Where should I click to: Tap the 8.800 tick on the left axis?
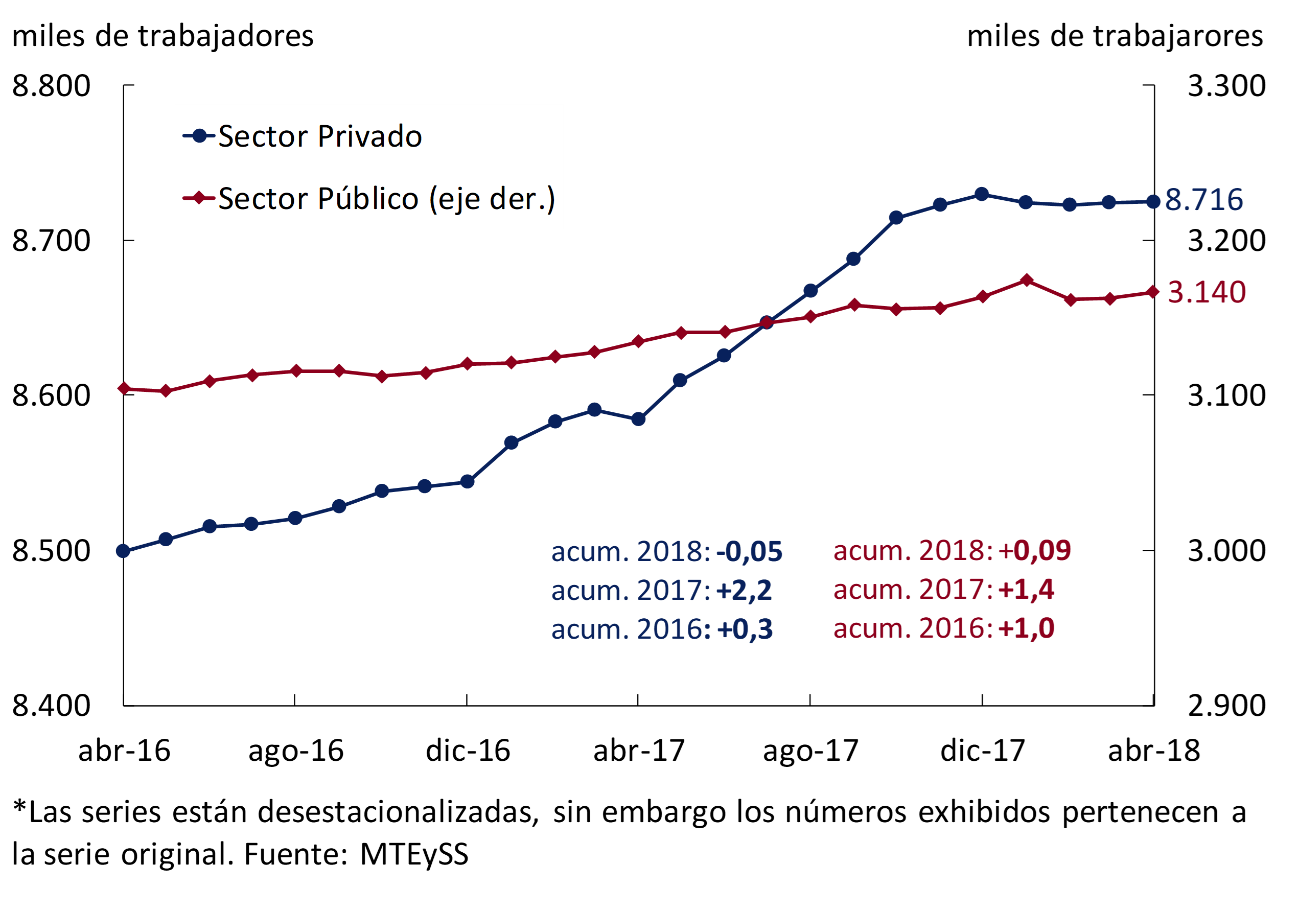pos(51,86)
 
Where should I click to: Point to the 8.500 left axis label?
pos(51,550)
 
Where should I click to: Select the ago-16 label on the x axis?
pos(296,751)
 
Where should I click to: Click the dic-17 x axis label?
pos(983,751)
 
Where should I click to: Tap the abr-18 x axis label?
pos(1154,751)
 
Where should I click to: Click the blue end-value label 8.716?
pos(1203,199)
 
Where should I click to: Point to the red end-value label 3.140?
pos(1207,292)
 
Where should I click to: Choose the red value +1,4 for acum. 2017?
pos(1026,590)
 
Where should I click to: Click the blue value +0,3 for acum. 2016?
pos(745,629)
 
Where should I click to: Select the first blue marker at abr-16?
pos(123,551)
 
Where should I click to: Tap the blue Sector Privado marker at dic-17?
pos(982,194)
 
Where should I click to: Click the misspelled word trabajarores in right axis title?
pos(1177,36)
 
